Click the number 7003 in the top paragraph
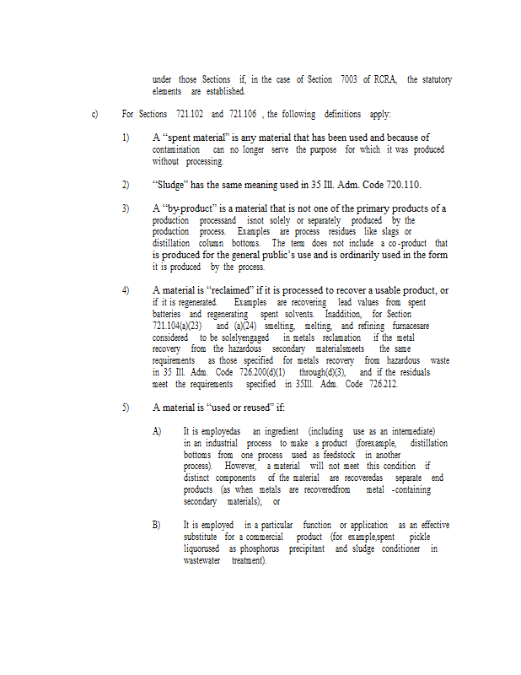pos(348,80)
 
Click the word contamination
pos(175,149)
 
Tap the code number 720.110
pos(400,185)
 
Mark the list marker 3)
pos(126,208)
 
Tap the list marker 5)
pos(126,408)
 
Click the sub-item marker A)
pos(157,431)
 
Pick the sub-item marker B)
pos(157,525)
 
